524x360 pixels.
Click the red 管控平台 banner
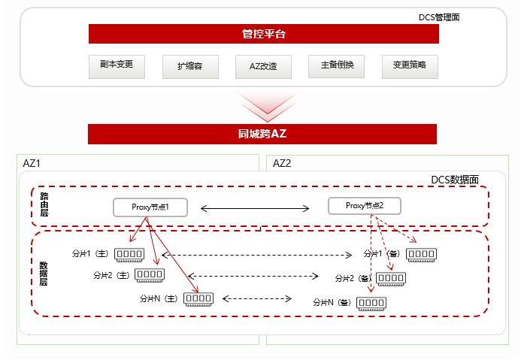(264, 34)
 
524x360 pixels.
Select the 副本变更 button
(117, 66)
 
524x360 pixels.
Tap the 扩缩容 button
(190, 67)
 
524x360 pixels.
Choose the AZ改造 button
(263, 67)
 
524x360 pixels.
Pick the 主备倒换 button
(336, 66)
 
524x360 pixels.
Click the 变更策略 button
(410, 67)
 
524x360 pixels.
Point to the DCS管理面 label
(439, 17)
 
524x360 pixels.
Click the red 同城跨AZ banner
(262, 134)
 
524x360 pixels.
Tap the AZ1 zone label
(32, 163)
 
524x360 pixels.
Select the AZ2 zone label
(282, 163)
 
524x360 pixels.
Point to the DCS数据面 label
(455, 180)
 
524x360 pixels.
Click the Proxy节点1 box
(150, 207)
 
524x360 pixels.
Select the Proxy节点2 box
(365, 206)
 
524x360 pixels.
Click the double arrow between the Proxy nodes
(255, 209)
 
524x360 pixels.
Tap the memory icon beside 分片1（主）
(129, 255)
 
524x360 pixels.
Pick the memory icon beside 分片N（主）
(198, 299)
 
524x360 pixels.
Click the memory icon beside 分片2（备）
(391, 279)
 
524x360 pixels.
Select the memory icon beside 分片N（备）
(371, 304)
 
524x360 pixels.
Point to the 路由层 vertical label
(44, 204)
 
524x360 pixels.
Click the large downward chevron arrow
(268, 107)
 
